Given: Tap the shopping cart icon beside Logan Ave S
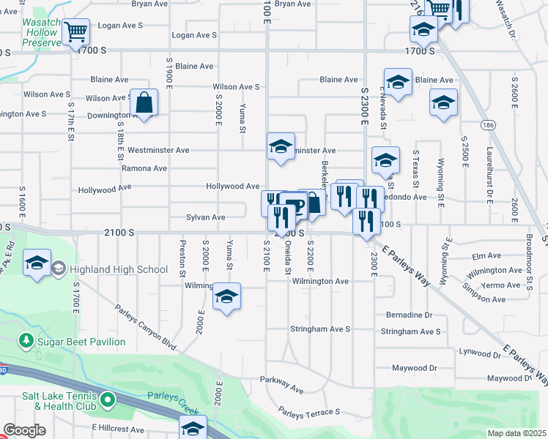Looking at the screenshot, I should pos(75,31).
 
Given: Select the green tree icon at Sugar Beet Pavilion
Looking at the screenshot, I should pos(26,342).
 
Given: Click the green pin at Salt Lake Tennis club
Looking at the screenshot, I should pos(108,399).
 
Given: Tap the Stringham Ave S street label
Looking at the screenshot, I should pos(411,331).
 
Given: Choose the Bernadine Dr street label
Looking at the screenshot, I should pos(410,315).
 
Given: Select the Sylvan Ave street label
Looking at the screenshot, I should pos(205,217).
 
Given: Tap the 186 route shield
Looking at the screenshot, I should pos(487,126).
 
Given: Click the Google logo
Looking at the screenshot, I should pos(24,430).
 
